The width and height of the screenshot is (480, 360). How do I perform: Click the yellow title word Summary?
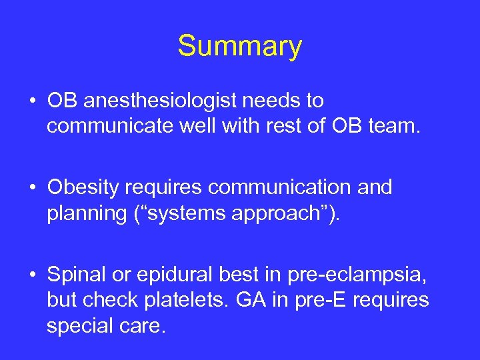point(239,46)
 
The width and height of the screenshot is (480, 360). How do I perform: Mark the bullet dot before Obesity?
point(33,188)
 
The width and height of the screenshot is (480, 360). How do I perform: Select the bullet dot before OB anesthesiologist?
point(33,101)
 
